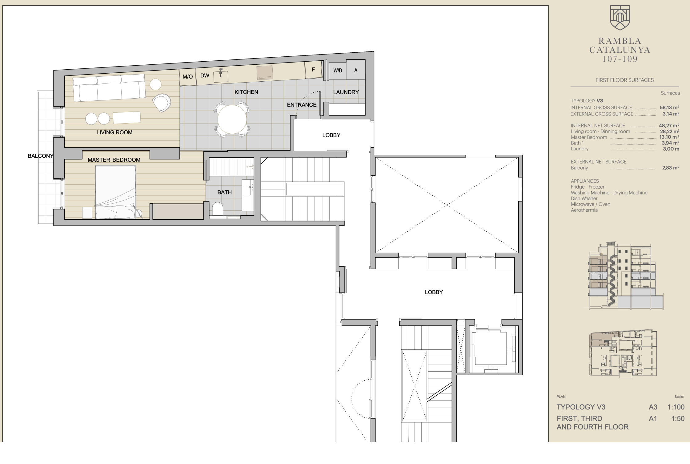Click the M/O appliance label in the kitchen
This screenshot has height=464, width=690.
pyautogui.click(x=187, y=77)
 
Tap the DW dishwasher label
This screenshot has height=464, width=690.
pyautogui.click(x=205, y=75)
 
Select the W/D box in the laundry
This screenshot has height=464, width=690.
pyautogui.click(x=338, y=71)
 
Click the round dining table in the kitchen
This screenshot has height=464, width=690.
pyautogui.click(x=232, y=119)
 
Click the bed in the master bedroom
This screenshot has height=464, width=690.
pyautogui.click(x=115, y=192)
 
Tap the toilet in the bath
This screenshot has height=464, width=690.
pyautogui.click(x=218, y=209)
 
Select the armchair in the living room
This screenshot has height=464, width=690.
pyautogui.click(x=162, y=103)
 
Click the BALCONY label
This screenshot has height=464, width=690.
pyautogui.click(x=41, y=156)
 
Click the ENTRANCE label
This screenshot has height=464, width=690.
pyautogui.click(x=302, y=105)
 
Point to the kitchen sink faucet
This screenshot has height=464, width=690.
pyautogui.click(x=221, y=73)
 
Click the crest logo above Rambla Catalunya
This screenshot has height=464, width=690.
pyautogui.click(x=620, y=18)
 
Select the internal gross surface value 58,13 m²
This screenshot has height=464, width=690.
pyautogui.click(x=669, y=108)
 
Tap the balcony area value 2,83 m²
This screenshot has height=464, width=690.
pyautogui.click(x=671, y=168)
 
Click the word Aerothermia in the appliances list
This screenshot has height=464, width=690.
pyautogui.click(x=584, y=210)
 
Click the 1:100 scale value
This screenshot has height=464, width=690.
pyautogui.click(x=676, y=407)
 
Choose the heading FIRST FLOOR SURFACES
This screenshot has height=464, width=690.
pyautogui.click(x=624, y=80)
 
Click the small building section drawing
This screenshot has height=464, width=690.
pyautogui.click(x=624, y=276)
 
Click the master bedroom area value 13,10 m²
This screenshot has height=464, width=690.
pyautogui.click(x=669, y=137)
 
